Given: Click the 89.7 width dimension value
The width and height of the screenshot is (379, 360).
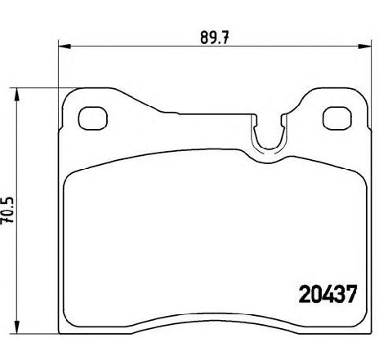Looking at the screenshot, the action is [x=215, y=38].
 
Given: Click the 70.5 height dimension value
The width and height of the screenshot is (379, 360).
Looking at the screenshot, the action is [x=7, y=210].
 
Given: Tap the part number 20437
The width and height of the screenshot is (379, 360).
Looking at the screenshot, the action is [x=328, y=295].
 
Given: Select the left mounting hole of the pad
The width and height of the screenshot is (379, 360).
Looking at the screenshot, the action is [x=92, y=118].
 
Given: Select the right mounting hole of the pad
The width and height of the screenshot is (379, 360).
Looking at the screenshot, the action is [x=337, y=118].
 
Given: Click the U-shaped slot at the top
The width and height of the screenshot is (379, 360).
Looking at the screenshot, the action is [x=269, y=149].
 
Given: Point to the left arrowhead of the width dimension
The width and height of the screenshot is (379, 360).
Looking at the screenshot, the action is [x=65, y=47].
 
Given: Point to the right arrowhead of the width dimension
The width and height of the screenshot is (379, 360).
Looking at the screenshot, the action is [x=365, y=47].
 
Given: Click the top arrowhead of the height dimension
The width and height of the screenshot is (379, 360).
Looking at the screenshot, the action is [x=17, y=94].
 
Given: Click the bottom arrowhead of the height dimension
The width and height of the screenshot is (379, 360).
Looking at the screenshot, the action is [x=17, y=327].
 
